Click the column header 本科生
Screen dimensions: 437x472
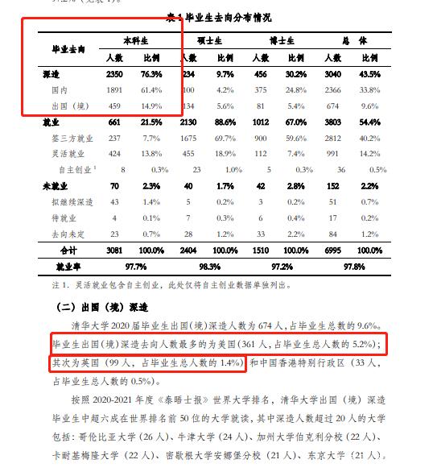point(134,40)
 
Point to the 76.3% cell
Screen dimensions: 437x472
point(152,73)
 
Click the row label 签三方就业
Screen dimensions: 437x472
point(68,138)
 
